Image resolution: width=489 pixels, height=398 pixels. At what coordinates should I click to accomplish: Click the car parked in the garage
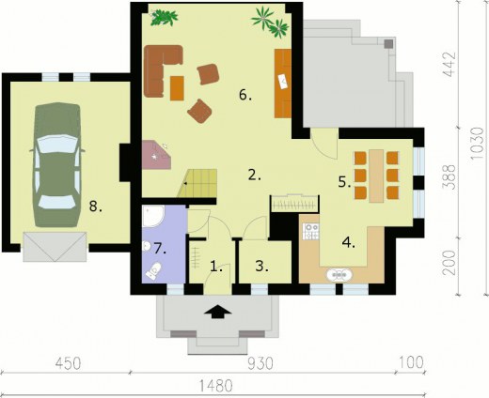[56, 165]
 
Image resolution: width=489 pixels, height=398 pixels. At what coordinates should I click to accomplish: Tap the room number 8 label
[95, 207]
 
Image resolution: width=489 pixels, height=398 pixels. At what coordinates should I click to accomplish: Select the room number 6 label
[245, 95]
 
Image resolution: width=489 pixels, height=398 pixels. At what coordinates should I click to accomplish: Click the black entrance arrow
[218, 312]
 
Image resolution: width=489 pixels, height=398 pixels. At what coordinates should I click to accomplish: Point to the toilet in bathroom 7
[154, 271]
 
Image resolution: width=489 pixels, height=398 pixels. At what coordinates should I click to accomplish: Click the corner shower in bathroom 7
[152, 216]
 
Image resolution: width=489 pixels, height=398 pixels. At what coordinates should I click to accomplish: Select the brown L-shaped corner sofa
[161, 69]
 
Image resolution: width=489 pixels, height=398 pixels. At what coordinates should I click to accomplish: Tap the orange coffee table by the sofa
[177, 88]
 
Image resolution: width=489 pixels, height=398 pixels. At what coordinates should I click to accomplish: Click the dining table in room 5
[376, 176]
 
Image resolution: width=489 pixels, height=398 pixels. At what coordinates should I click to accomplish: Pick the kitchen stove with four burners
[310, 231]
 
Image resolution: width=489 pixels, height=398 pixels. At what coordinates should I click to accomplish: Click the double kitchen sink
[339, 275]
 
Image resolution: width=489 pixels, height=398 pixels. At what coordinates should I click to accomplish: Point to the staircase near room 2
[197, 183]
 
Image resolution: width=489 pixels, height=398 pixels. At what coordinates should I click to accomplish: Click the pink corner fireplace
[156, 155]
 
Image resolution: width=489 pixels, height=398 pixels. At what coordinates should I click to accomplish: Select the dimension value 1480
[216, 386]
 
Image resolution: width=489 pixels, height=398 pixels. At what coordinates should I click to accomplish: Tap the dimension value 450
[68, 363]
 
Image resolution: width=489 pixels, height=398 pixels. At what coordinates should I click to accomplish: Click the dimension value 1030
[478, 143]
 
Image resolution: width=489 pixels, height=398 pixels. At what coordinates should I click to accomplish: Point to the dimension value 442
[450, 65]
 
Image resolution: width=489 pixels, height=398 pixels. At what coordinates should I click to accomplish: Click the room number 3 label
[262, 267]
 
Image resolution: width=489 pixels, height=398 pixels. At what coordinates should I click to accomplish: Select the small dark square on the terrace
[388, 44]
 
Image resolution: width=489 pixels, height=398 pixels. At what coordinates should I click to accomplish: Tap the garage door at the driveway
[55, 247]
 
